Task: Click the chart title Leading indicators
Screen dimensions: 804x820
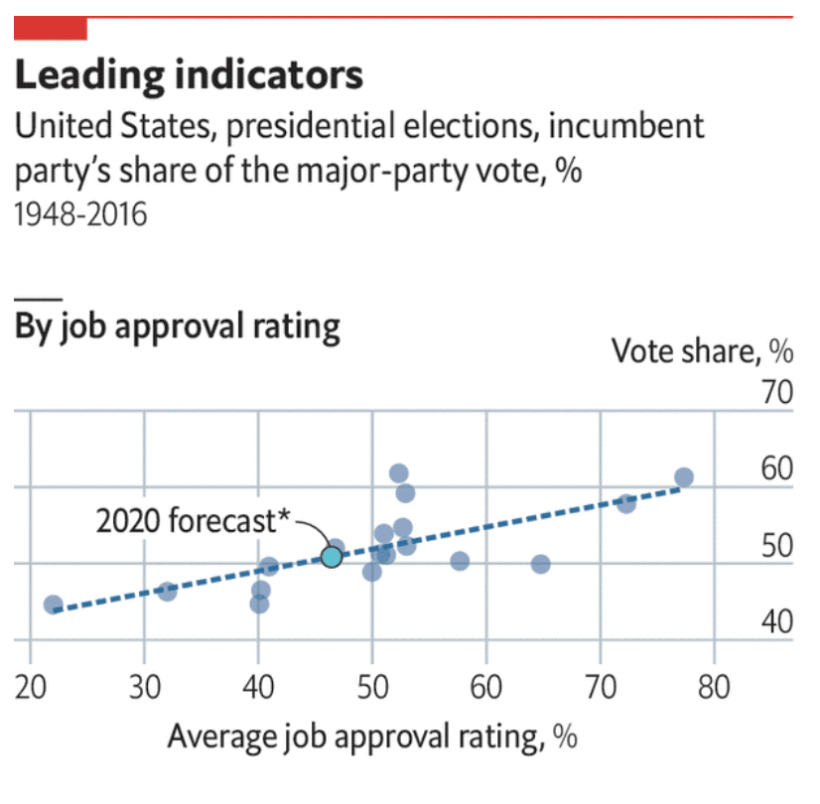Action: [x=189, y=75]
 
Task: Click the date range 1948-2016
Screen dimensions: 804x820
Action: [x=80, y=214]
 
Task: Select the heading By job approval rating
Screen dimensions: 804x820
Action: [x=177, y=327]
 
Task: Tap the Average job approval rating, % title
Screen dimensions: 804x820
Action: [x=371, y=737]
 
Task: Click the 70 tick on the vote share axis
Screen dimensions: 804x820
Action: [x=777, y=394]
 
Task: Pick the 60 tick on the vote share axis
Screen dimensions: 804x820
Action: [x=777, y=470]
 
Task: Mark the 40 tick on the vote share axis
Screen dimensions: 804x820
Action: [x=777, y=623]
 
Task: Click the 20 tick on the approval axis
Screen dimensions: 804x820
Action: [x=31, y=687]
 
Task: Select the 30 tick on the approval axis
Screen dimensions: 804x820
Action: [x=145, y=687]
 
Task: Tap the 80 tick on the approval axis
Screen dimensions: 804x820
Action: [x=714, y=687]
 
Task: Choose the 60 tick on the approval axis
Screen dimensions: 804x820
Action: [x=486, y=687]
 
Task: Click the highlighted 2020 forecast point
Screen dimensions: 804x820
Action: [x=332, y=556]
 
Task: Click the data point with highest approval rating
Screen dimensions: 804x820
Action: [x=683, y=477]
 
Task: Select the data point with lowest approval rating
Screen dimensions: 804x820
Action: [x=54, y=604]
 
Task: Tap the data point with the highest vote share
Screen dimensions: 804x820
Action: [x=399, y=473]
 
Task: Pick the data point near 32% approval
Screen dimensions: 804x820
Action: [x=167, y=591]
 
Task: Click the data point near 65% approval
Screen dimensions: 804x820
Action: [x=541, y=564]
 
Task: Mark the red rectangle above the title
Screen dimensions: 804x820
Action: [x=51, y=29]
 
